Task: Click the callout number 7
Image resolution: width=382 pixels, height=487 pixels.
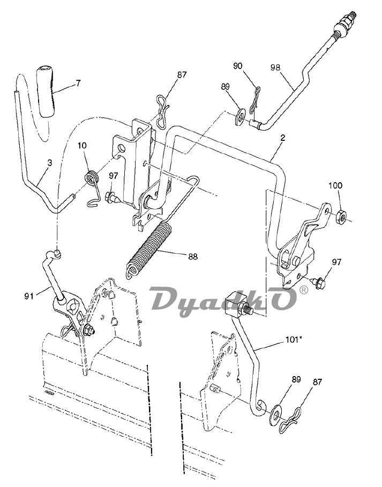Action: [x=78, y=83]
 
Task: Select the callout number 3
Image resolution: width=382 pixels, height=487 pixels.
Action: [x=50, y=162]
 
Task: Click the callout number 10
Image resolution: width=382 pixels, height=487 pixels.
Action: [x=83, y=145]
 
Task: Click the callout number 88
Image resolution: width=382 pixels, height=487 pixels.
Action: [x=193, y=257]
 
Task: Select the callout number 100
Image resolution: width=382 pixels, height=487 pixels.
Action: [x=335, y=185]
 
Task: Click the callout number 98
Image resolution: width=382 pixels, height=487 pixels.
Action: [x=275, y=68]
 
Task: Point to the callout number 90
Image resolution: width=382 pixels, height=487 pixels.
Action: [x=237, y=66]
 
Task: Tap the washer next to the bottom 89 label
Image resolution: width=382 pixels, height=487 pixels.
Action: [x=275, y=414]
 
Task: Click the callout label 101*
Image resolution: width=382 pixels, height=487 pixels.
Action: [x=294, y=340]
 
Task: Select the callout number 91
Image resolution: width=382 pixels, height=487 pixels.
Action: [x=29, y=297]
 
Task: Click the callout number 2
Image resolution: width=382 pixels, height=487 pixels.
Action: [x=283, y=138]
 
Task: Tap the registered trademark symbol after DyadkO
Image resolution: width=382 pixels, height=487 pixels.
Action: [x=304, y=290]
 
